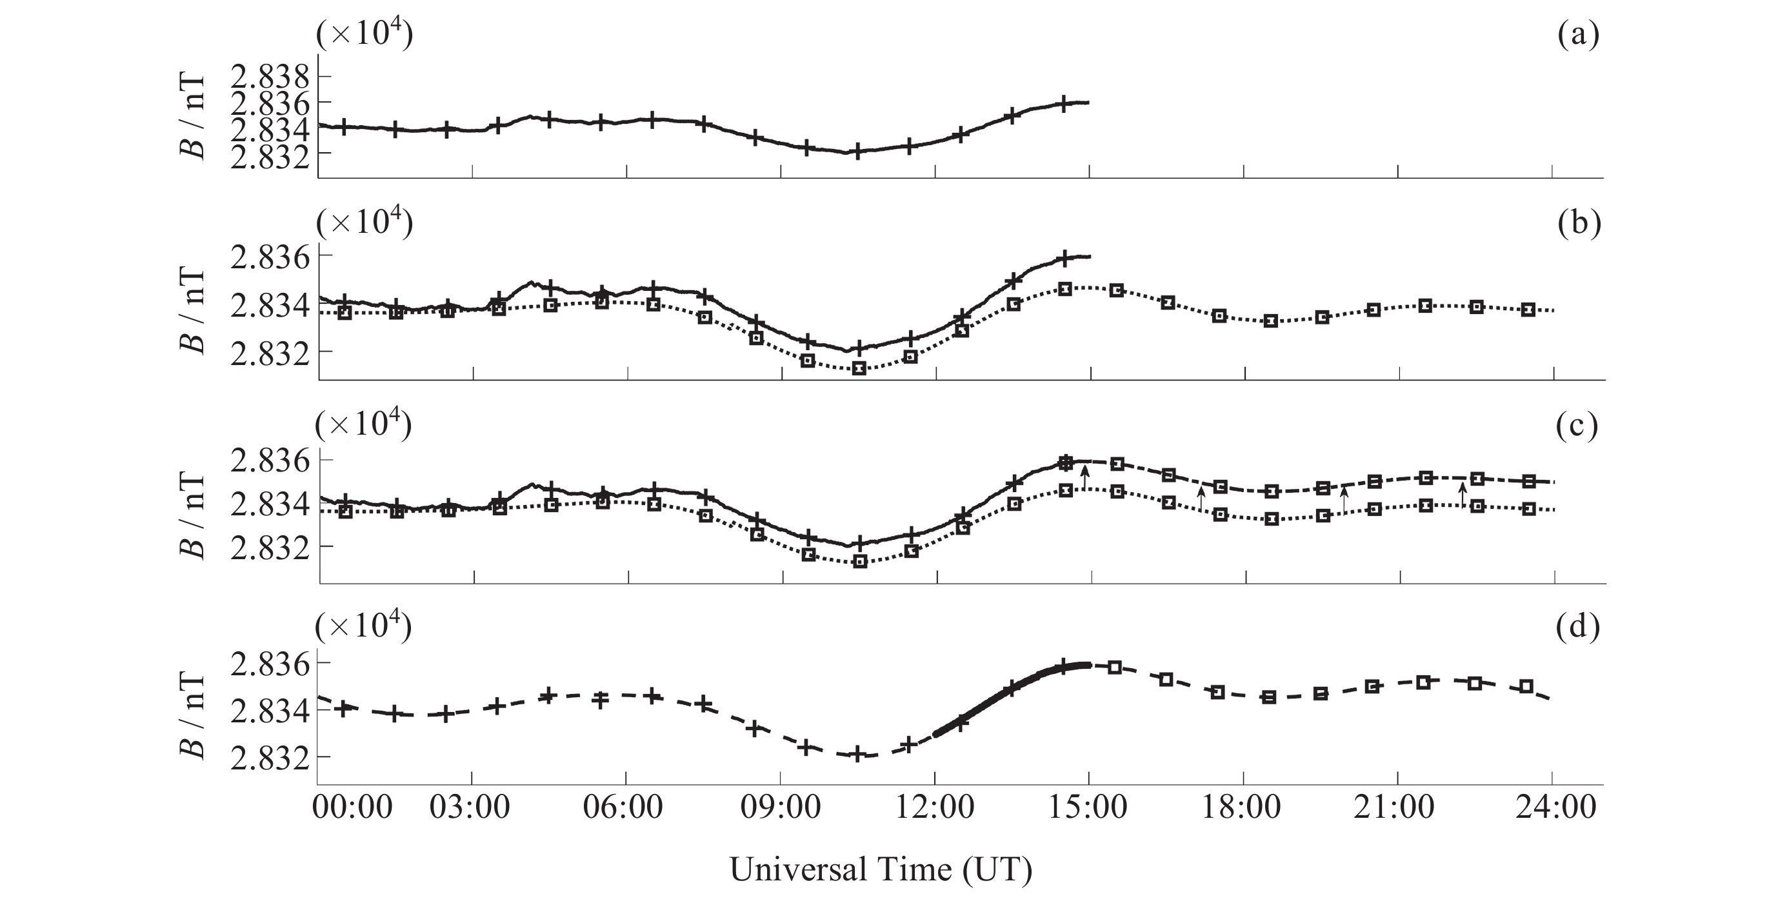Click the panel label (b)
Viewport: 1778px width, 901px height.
(1579, 225)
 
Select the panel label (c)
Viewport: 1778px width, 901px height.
(1577, 427)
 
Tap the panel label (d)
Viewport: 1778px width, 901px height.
(1578, 628)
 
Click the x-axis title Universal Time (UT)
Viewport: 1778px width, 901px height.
(881, 869)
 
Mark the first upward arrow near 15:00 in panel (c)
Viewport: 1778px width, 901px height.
(1084, 477)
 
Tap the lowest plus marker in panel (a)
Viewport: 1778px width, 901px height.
(857, 151)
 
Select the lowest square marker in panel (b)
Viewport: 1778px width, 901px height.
(859, 368)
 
